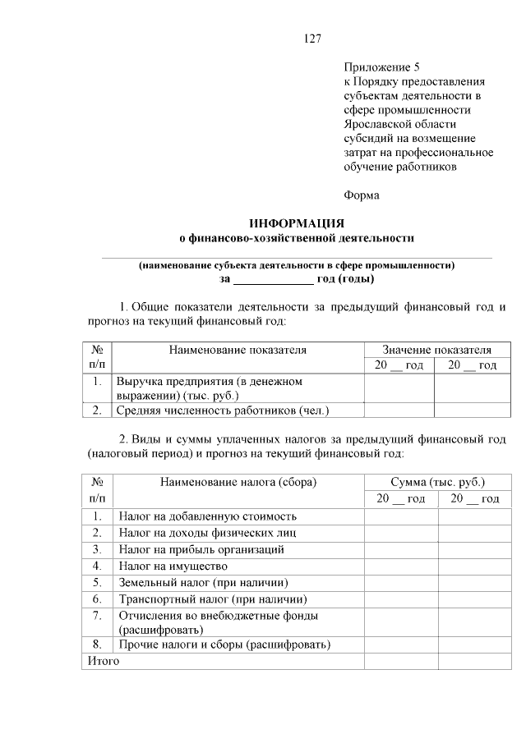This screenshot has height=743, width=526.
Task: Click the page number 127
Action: (311, 39)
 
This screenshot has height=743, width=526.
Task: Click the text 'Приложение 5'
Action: (382, 67)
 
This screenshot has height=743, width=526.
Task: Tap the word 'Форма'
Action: (362, 195)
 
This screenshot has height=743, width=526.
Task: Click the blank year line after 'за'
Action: (273, 279)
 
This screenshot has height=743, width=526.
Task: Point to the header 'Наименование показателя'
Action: (238, 350)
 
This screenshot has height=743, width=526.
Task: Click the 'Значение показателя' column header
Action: (436, 350)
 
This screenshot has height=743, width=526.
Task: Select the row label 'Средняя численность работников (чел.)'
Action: (228, 410)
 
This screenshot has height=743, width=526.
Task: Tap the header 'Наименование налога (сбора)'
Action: (238, 483)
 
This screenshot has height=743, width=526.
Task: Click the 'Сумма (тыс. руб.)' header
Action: (437, 483)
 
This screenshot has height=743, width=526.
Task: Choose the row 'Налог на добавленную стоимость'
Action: (207, 516)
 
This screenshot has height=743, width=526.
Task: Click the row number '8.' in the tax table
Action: (97, 644)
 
